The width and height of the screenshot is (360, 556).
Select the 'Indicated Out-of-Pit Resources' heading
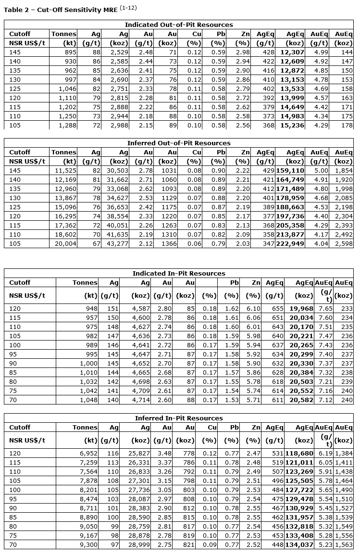pyautogui.click(x=179, y=25)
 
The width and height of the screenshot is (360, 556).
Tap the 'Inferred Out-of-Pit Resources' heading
pyautogui.click(x=179, y=143)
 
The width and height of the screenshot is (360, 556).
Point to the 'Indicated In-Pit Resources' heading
pyautogui.click(x=179, y=273)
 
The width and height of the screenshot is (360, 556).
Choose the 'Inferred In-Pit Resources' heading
pyautogui.click(x=179, y=418)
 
